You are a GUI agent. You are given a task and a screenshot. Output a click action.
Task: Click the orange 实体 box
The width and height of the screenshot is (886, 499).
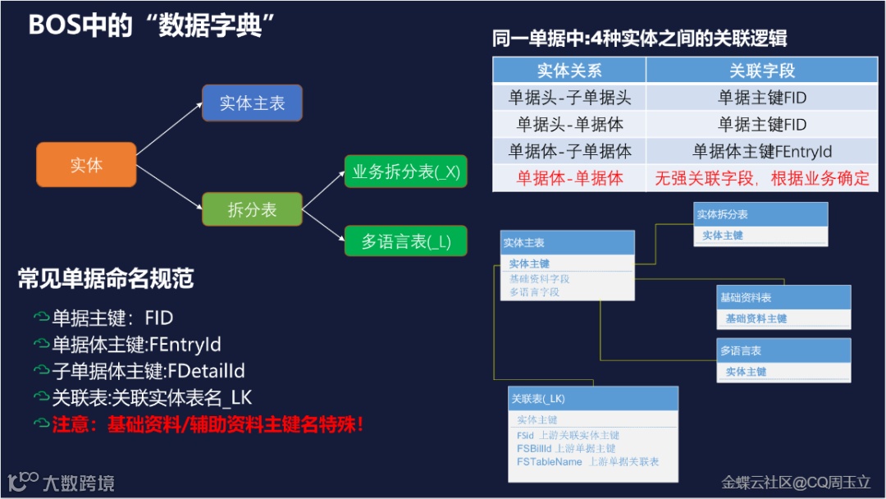coord(86,165)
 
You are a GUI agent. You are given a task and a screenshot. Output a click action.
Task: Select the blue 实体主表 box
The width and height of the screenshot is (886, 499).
coord(252,103)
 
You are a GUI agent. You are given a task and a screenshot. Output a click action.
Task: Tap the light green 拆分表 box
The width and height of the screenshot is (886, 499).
coord(252,210)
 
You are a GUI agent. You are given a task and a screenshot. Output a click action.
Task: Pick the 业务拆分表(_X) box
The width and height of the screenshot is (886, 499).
coord(405,172)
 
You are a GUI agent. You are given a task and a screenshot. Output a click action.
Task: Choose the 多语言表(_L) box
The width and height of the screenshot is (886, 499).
coord(405,242)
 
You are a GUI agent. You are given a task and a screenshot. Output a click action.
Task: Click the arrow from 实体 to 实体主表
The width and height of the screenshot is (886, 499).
coord(168,128)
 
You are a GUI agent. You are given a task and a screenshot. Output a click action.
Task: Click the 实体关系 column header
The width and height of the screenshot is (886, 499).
coord(569,71)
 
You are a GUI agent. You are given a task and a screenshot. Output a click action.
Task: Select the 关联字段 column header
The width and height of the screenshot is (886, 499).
coord(762,71)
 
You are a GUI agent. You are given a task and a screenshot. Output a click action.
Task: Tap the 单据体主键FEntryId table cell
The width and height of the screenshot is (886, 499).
coord(762,151)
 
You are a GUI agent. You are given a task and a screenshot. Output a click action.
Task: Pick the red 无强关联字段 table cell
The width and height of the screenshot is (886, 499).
coord(762,178)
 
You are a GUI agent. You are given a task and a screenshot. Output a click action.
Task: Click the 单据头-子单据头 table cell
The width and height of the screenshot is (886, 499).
coord(569,98)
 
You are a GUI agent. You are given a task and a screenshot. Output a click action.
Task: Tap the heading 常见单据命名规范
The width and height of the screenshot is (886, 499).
coord(106,279)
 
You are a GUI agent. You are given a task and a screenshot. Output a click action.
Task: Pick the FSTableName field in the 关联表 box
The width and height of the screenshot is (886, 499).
coord(550,462)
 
